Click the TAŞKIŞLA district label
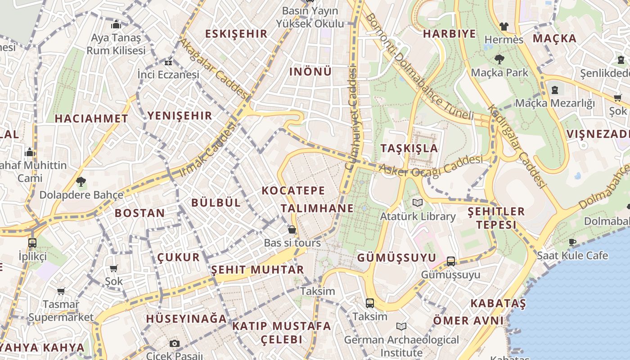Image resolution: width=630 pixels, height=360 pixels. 409,148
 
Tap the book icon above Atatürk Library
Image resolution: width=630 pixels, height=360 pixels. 418,203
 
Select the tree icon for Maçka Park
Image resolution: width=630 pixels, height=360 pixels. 499,59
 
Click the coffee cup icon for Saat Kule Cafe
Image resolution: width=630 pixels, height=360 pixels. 572,242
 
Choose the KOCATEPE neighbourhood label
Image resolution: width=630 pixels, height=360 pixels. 293,190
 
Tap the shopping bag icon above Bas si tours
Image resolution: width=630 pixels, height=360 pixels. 292,229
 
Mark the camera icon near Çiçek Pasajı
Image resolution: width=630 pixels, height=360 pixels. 175,343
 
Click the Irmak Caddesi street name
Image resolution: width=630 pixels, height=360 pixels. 207,150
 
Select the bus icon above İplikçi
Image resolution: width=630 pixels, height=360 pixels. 32,243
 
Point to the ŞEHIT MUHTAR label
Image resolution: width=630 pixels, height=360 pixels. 257,270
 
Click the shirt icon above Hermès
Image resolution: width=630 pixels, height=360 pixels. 504,27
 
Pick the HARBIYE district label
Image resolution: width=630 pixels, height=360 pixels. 449,34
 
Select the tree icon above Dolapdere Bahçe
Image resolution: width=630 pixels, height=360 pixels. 81,182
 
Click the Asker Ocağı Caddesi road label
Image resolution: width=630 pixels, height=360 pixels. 431,165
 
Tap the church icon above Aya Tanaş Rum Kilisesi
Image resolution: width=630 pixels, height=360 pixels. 116,24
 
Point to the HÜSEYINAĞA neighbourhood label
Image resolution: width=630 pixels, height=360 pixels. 186,319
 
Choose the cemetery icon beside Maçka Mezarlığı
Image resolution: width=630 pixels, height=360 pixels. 554,90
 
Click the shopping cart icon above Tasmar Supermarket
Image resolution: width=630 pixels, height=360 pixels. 61,291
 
